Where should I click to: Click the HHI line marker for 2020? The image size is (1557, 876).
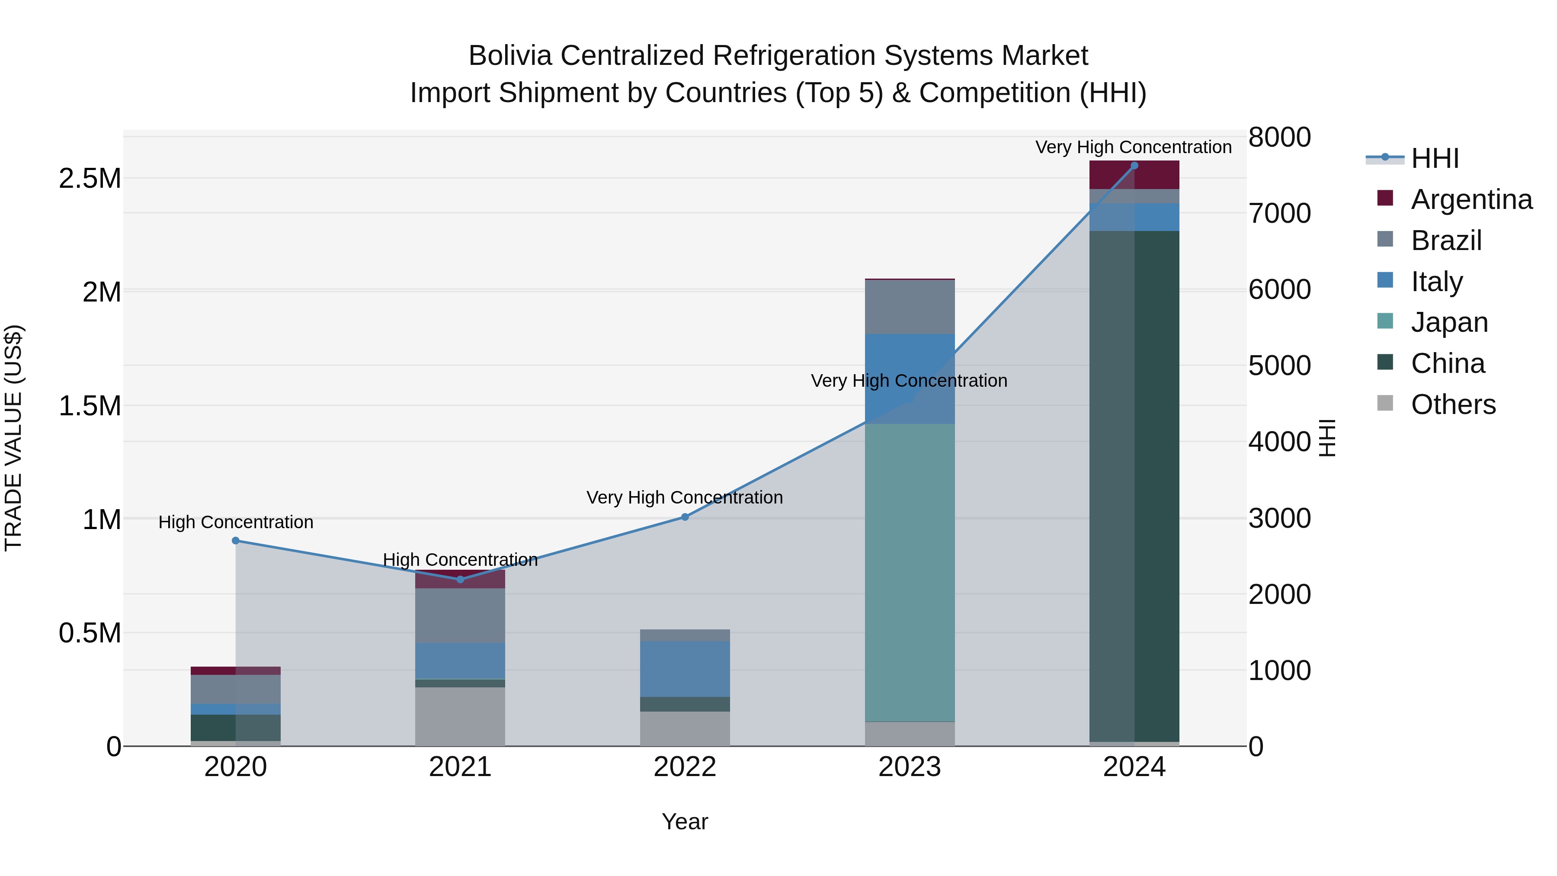pyautogui.click(x=236, y=540)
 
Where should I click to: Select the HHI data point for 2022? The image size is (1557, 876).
pyautogui.click(x=685, y=517)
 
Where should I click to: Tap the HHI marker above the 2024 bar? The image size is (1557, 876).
pyautogui.click(x=1134, y=166)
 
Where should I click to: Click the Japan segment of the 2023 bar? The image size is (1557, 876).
pyautogui.click(x=910, y=572)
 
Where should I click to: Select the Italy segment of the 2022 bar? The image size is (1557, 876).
pyautogui.click(x=685, y=669)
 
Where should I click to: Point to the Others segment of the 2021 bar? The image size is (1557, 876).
pyautogui.click(x=460, y=716)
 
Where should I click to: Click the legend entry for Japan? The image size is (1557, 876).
pyautogui.click(x=1449, y=322)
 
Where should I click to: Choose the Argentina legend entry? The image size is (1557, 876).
pyautogui.click(x=1471, y=199)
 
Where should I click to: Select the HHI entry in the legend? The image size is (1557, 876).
pyautogui.click(x=1434, y=158)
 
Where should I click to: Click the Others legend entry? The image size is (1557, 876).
pyautogui.click(x=1452, y=404)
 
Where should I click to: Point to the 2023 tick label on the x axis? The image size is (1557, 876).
pyautogui.click(x=910, y=767)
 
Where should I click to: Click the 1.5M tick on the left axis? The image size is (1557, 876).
pyautogui.click(x=90, y=406)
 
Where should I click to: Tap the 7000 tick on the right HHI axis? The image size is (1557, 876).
pyautogui.click(x=1280, y=213)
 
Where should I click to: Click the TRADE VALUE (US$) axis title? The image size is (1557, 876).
pyautogui.click(x=13, y=438)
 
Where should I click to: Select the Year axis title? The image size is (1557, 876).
pyautogui.click(x=685, y=821)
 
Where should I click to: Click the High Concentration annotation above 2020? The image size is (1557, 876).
pyautogui.click(x=236, y=522)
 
